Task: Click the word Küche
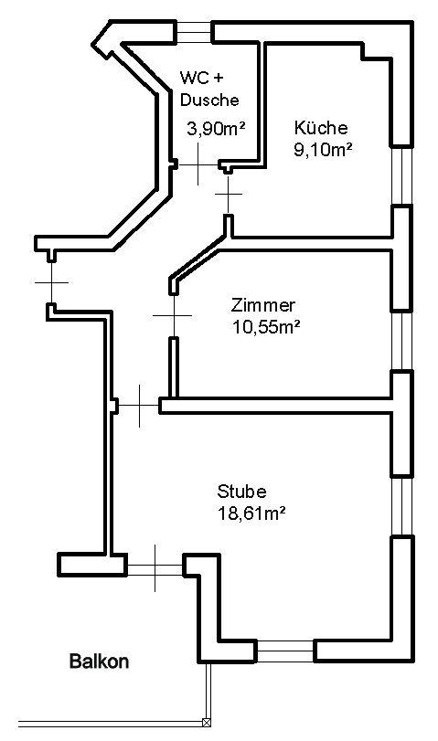[x=321, y=128]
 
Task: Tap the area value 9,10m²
[x=323, y=149]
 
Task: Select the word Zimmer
[x=262, y=305]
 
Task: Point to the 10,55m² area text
[x=266, y=327]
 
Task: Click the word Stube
[x=241, y=492]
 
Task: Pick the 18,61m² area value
[x=251, y=513]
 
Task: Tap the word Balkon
[x=99, y=661]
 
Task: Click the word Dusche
[x=209, y=100]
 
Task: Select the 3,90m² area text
[x=216, y=129]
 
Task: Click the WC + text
[x=200, y=78]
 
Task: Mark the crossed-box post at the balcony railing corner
[x=207, y=722]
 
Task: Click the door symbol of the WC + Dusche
[x=198, y=165]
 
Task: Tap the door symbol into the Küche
[x=229, y=194]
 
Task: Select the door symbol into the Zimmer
[x=174, y=315]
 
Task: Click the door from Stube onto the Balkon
[x=155, y=567]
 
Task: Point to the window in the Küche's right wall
[x=401, y=175]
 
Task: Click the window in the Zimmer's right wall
[x=401, y=340]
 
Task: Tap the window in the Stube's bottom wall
[x=285, y=651]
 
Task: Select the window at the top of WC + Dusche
[x=194, y=32]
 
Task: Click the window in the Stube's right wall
[x=401, y=505]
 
